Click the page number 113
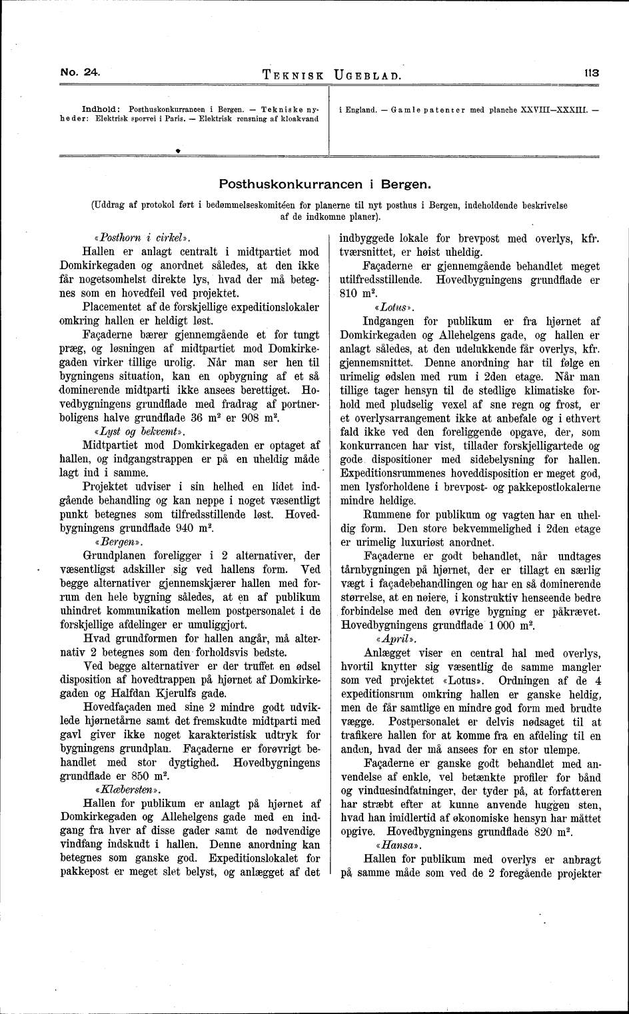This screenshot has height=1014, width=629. pyautogui.click(x=590, y=74)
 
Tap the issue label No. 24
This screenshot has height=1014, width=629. pyautogui.click(x=80, y=73)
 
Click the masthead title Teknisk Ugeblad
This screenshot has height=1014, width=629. pyautogui.click(x=332, y=75)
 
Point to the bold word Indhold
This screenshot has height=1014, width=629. pyautogui.click(x=100, y=108)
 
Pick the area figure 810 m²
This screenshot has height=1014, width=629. pyautogui.click(x=355, y=293)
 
